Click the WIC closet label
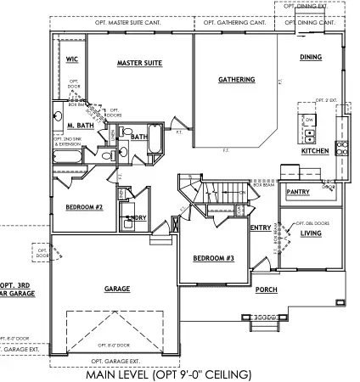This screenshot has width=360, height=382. pyautogui.click(x=72, y=59)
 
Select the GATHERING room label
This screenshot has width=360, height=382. pyautogui.click(x=236, y=80)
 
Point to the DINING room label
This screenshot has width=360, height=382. pyautogui.click(x=311, y=57)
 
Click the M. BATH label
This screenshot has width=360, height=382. pyautogui.click(x=79, y=125)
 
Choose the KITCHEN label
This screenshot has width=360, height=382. pyautogui.click(x=314, y=151)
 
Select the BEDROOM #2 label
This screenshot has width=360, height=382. pyautogui.click(x=84, y=206)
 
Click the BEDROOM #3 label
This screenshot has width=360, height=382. pyautogui.click(x=208, y=257)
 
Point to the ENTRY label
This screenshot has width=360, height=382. pyautogui.click(x=261, y=227)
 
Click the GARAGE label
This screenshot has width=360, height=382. pyautogui.click(x=117, y=289)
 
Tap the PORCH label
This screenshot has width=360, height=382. pyautogui.click(x=266, y=289)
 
